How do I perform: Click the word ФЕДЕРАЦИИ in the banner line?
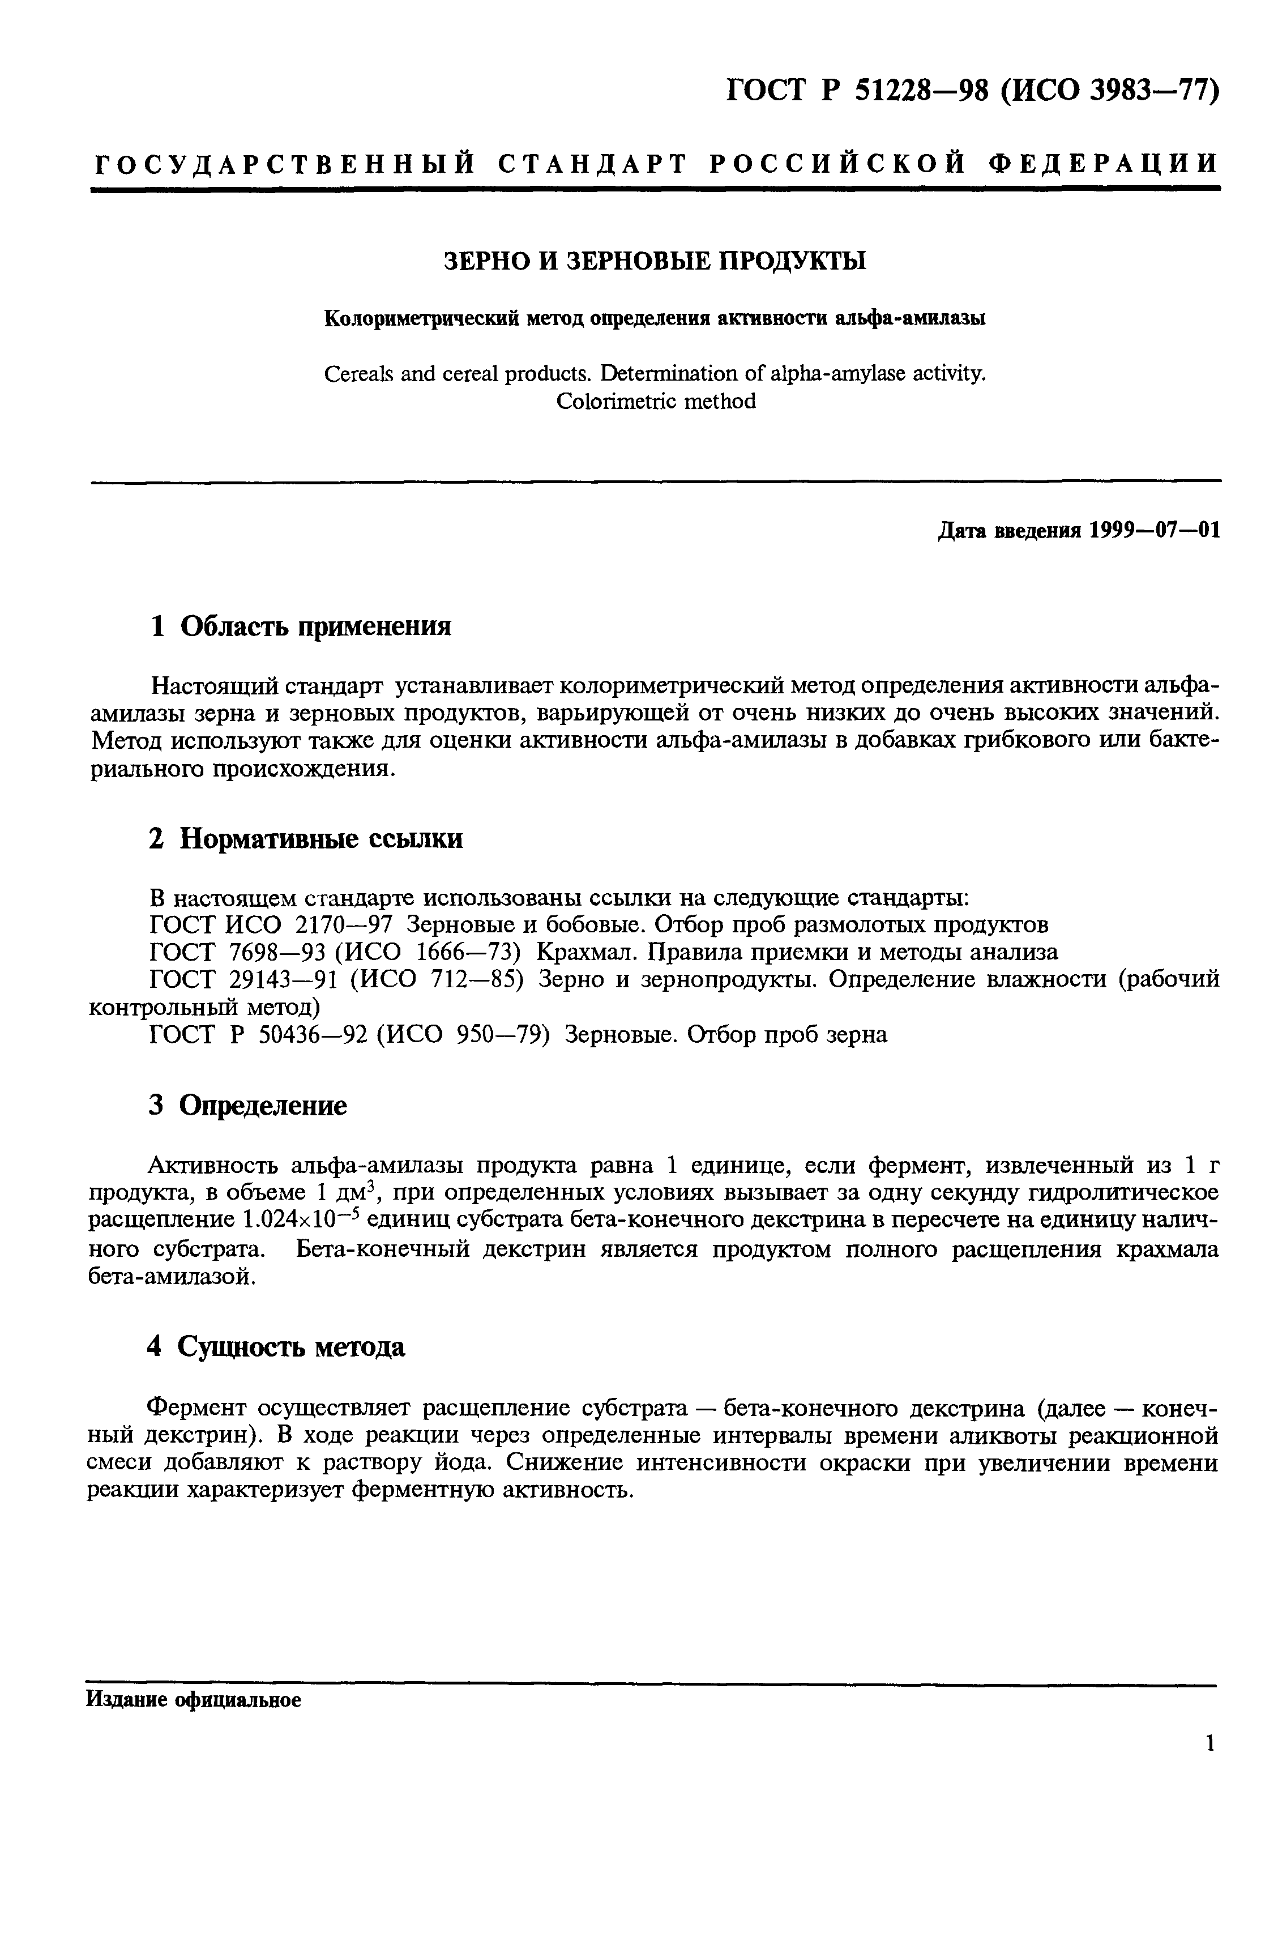(1104, 164)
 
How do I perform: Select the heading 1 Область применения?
(301, 626)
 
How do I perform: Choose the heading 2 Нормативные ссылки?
(305, 838)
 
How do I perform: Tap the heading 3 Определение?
(248, 1106)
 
